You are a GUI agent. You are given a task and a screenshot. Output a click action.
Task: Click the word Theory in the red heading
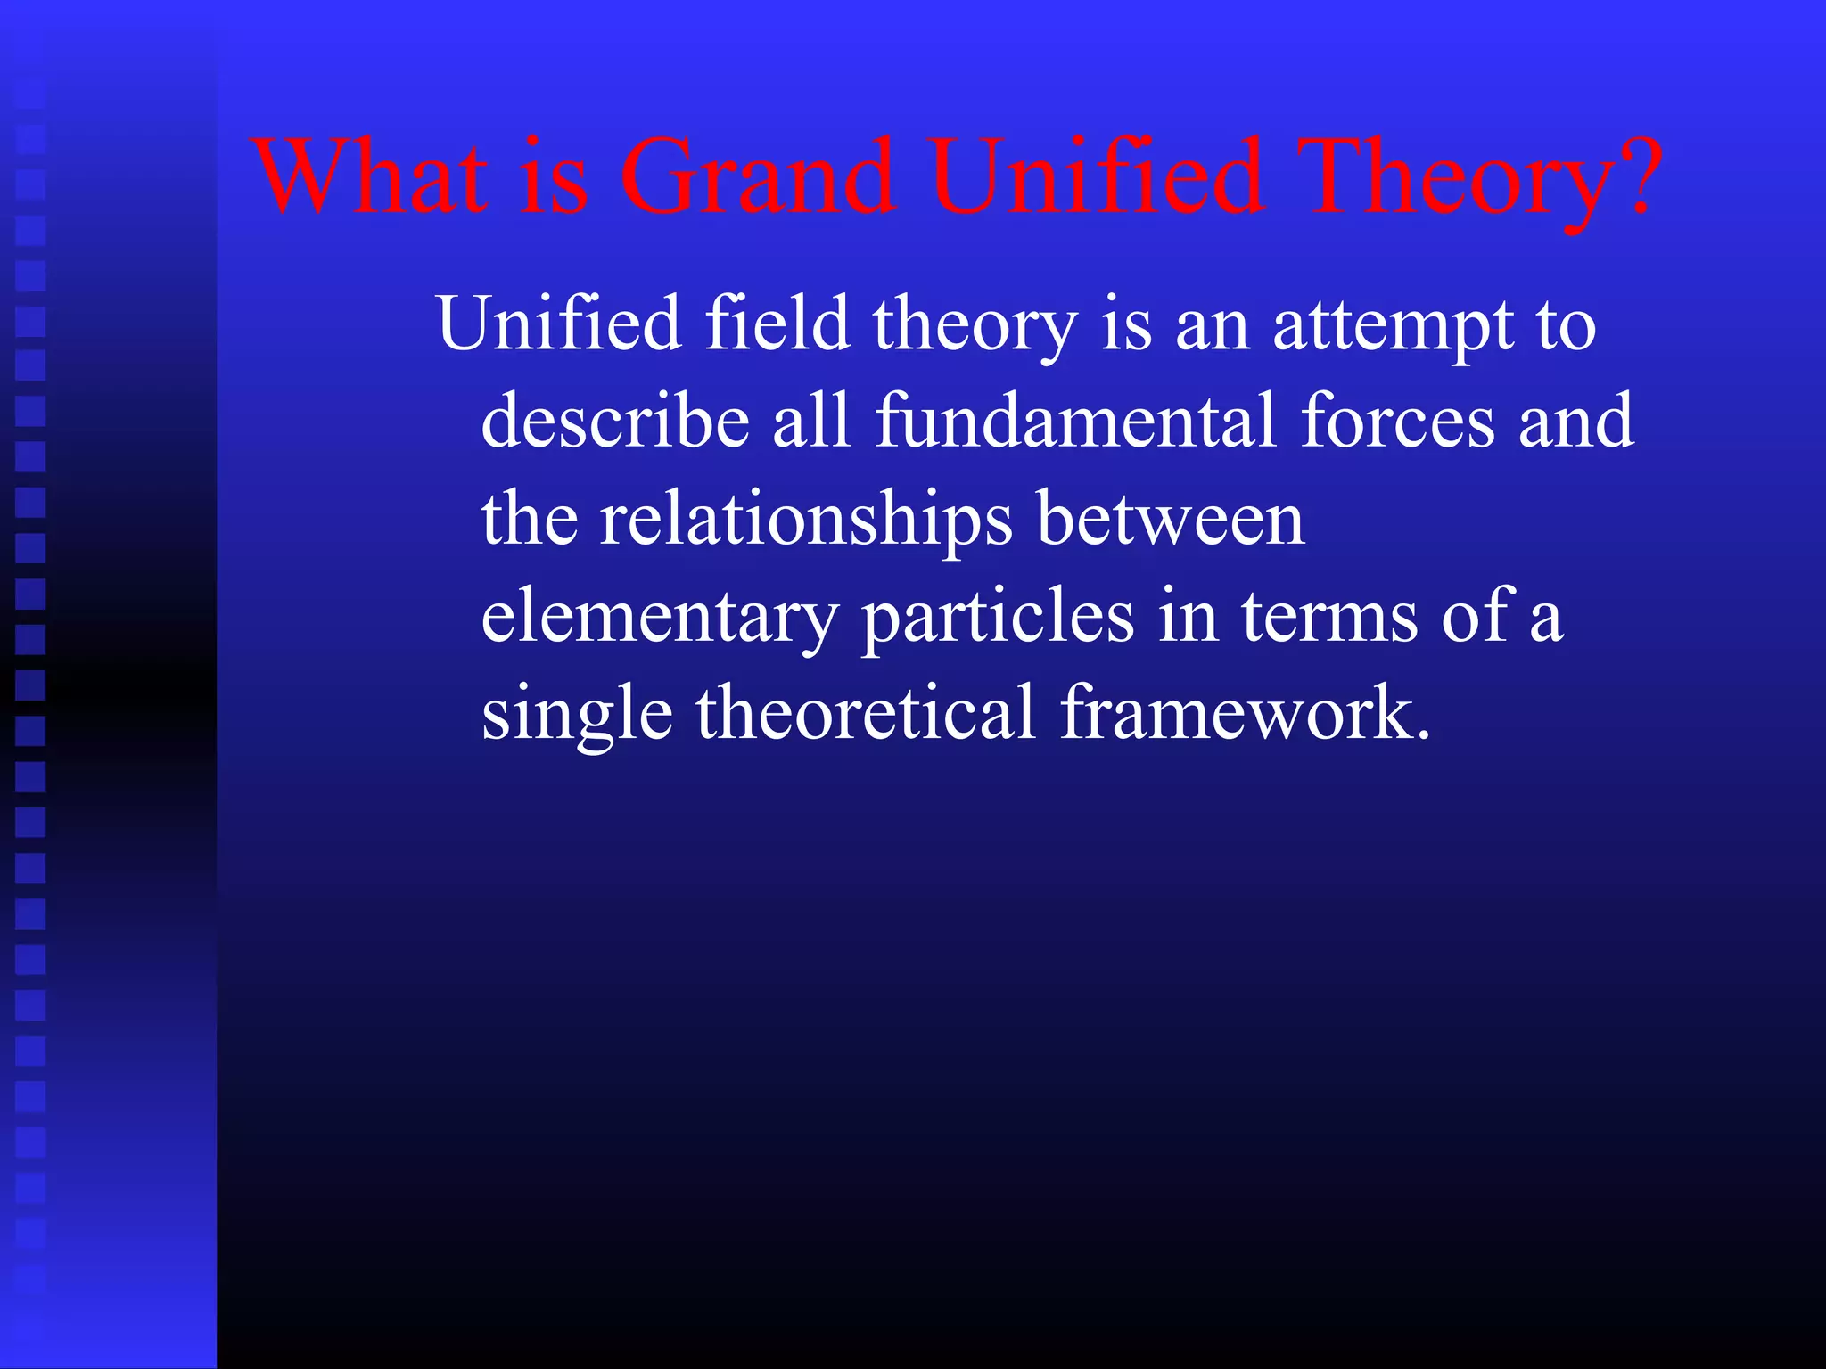click(x=1450, y=178)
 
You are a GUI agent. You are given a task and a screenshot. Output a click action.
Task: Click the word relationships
click(x=806, y=520)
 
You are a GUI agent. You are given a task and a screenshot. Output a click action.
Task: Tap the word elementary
click(x=660, y=618)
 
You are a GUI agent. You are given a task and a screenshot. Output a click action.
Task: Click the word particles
click(x=998, y=618)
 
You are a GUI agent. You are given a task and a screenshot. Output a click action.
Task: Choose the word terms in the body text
click(x=1329, y=616)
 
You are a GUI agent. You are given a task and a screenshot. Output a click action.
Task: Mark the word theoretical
click(x=866, y=712)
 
